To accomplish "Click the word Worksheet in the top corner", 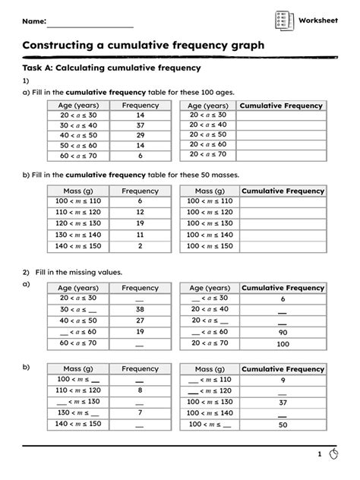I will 318,20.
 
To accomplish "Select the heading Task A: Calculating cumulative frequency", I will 111,68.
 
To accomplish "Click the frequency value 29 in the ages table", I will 140,134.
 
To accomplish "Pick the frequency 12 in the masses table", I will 140,213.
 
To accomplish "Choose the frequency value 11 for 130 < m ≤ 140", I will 140,235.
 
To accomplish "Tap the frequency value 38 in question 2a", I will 140,310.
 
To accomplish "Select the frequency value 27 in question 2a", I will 140,321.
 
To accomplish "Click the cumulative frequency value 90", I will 283,333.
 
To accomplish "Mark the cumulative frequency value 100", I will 283,344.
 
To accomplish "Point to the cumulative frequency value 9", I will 283,380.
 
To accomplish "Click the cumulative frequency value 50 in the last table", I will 283,425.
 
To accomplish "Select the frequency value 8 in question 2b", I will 140,390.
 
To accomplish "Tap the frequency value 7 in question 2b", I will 140,413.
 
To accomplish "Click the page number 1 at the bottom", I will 320,454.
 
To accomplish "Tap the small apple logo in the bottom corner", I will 336,454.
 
